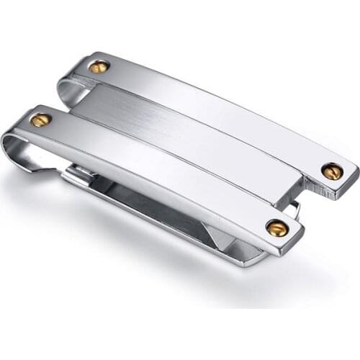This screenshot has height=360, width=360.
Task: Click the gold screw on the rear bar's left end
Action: point(99,67)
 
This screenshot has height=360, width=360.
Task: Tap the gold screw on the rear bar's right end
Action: point(331,171)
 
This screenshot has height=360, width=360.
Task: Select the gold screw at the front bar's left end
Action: point(41,120)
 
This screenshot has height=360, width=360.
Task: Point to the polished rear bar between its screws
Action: point(216,115)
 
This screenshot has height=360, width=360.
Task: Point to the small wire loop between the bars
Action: point(294,209)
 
